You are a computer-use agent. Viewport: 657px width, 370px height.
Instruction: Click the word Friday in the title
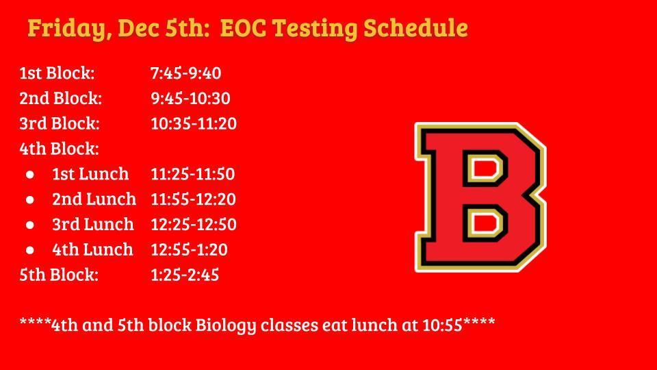(x=68, y=29)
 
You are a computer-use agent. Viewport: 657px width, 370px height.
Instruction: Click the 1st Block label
(x=57, y=73)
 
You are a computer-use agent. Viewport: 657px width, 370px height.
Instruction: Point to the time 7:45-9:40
(x=185, y=73)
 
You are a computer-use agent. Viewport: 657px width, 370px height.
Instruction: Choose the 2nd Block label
(x=60, y=99)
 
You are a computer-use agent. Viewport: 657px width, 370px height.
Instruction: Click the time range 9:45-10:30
(x=190, y=99)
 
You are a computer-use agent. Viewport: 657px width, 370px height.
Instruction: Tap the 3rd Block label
(x=60, y=124)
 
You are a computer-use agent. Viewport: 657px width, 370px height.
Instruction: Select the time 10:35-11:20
(x=194, y=124)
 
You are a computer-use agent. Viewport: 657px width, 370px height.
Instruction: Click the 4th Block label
(x=59, y=149)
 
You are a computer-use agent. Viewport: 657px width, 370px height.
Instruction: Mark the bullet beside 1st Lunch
(x=30, y=175)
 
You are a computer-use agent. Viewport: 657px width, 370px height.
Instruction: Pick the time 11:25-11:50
(x=192, y=174)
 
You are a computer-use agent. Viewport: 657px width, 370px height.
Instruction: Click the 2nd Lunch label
(x=94, y=199)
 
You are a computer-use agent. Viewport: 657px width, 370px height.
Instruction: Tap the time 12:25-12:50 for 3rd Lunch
(x=194, y=225)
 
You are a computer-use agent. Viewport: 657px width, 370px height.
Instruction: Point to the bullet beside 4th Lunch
(x=30, y=250)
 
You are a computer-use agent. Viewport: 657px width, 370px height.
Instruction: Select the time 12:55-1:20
(x=189, y=250)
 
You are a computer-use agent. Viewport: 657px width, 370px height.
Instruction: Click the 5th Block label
(x=59, y=275)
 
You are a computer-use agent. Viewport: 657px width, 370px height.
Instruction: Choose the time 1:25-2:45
(x=185, y=275)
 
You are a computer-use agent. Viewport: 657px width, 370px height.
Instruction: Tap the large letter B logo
(x=480, y=197)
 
